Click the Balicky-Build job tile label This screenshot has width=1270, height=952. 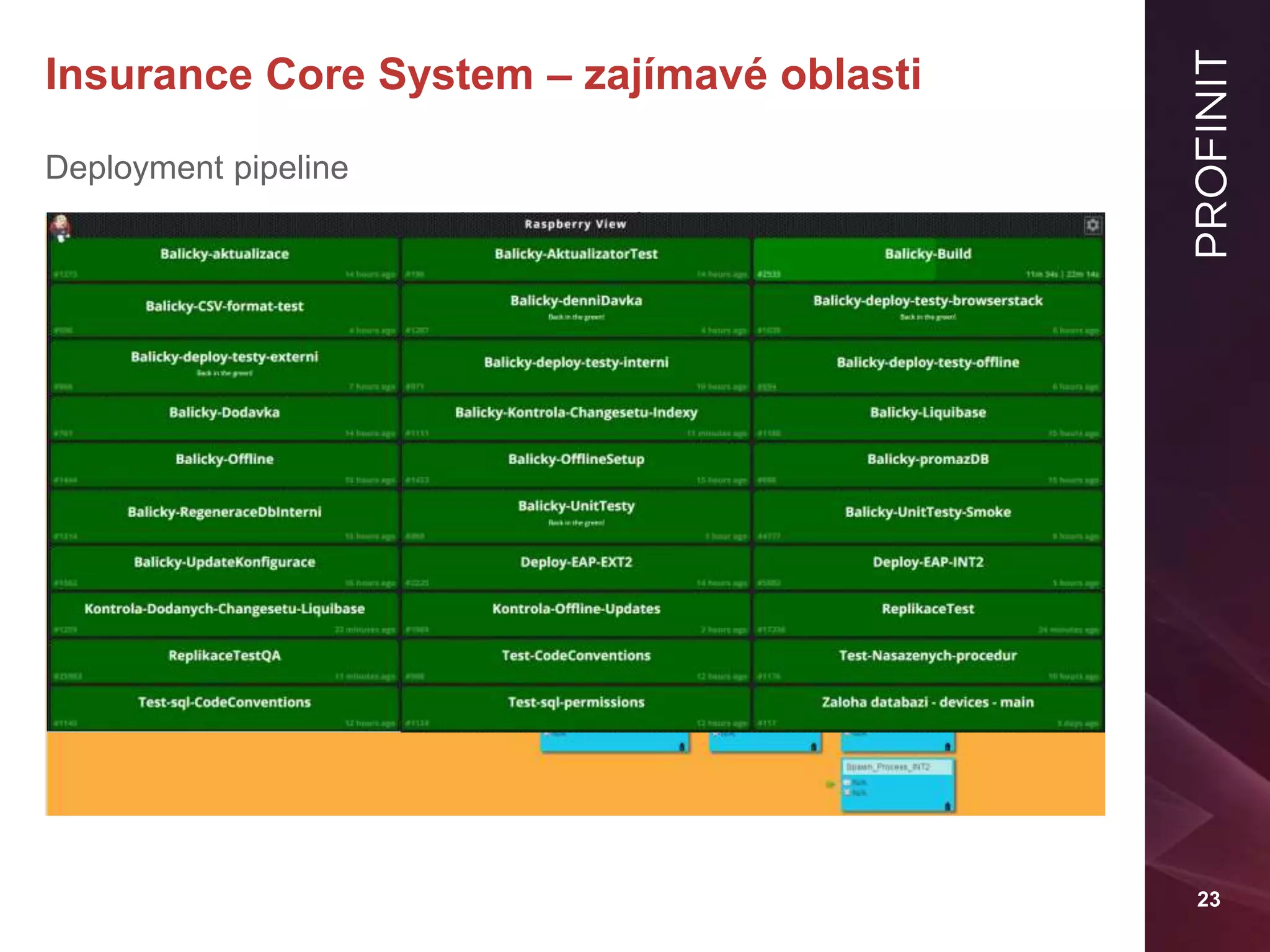(x=928, y=254)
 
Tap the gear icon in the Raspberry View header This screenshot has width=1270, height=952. (x=1092, y=225)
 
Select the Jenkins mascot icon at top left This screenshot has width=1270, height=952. (x=61, y=227)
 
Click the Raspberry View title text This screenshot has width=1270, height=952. (x=575, y=224)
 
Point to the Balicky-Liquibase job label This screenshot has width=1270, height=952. (x=928, y=413)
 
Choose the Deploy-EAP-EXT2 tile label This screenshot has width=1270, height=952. (x=576, y=562)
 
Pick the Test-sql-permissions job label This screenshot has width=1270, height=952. (x=576, y=702)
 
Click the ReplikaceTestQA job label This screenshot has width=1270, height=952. (x=224, y=656)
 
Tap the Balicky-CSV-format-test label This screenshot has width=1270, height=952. (x=224, y=306)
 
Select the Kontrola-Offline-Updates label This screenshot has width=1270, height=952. (x=576, y=609)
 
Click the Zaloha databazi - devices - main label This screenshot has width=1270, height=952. (x=928, y=702)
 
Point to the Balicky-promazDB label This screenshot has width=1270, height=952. (x=928, y=459)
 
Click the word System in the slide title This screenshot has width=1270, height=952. (x=456, y=75)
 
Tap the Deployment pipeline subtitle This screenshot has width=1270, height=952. (x=197, y=168)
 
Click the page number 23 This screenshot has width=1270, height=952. (x=1208, y=899)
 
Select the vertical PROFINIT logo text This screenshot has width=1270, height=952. (x=1210, y=153)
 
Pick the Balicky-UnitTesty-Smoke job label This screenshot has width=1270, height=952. (x=928, y=512)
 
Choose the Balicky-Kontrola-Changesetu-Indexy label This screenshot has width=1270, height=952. (x=576, y=413)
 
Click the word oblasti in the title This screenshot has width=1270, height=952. (x=850, y=75)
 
